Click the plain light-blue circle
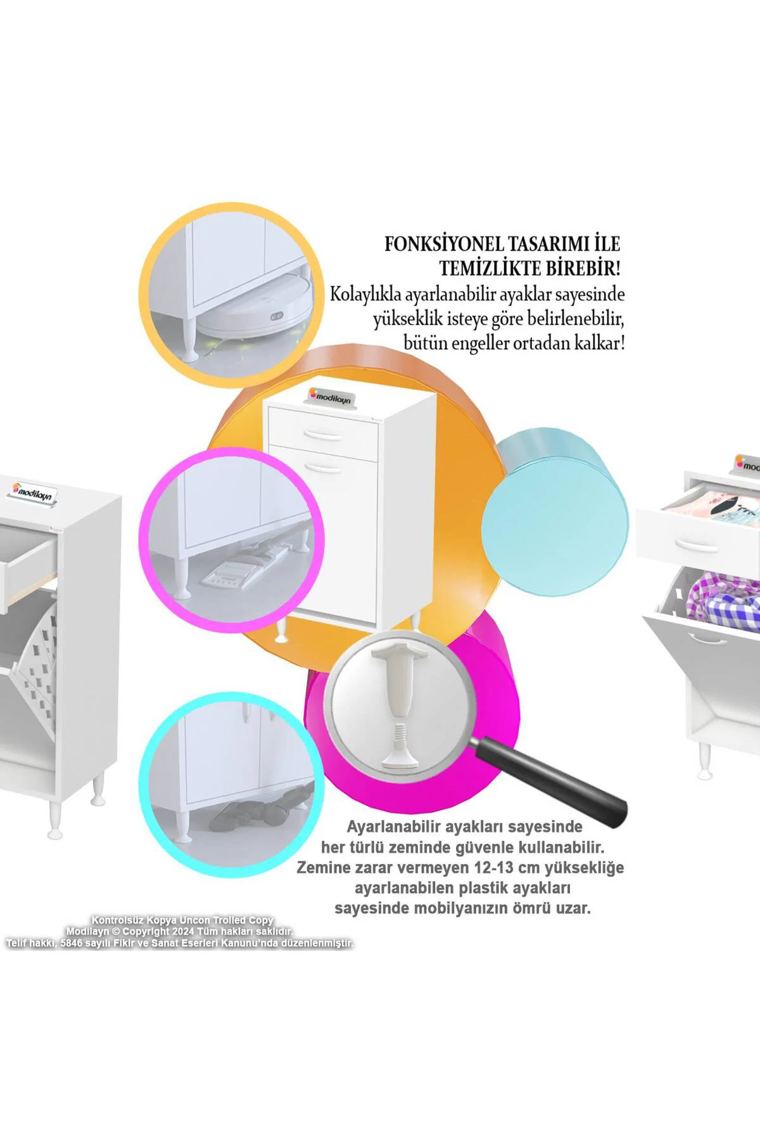click(555, 507)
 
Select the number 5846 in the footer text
click(72, 943)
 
